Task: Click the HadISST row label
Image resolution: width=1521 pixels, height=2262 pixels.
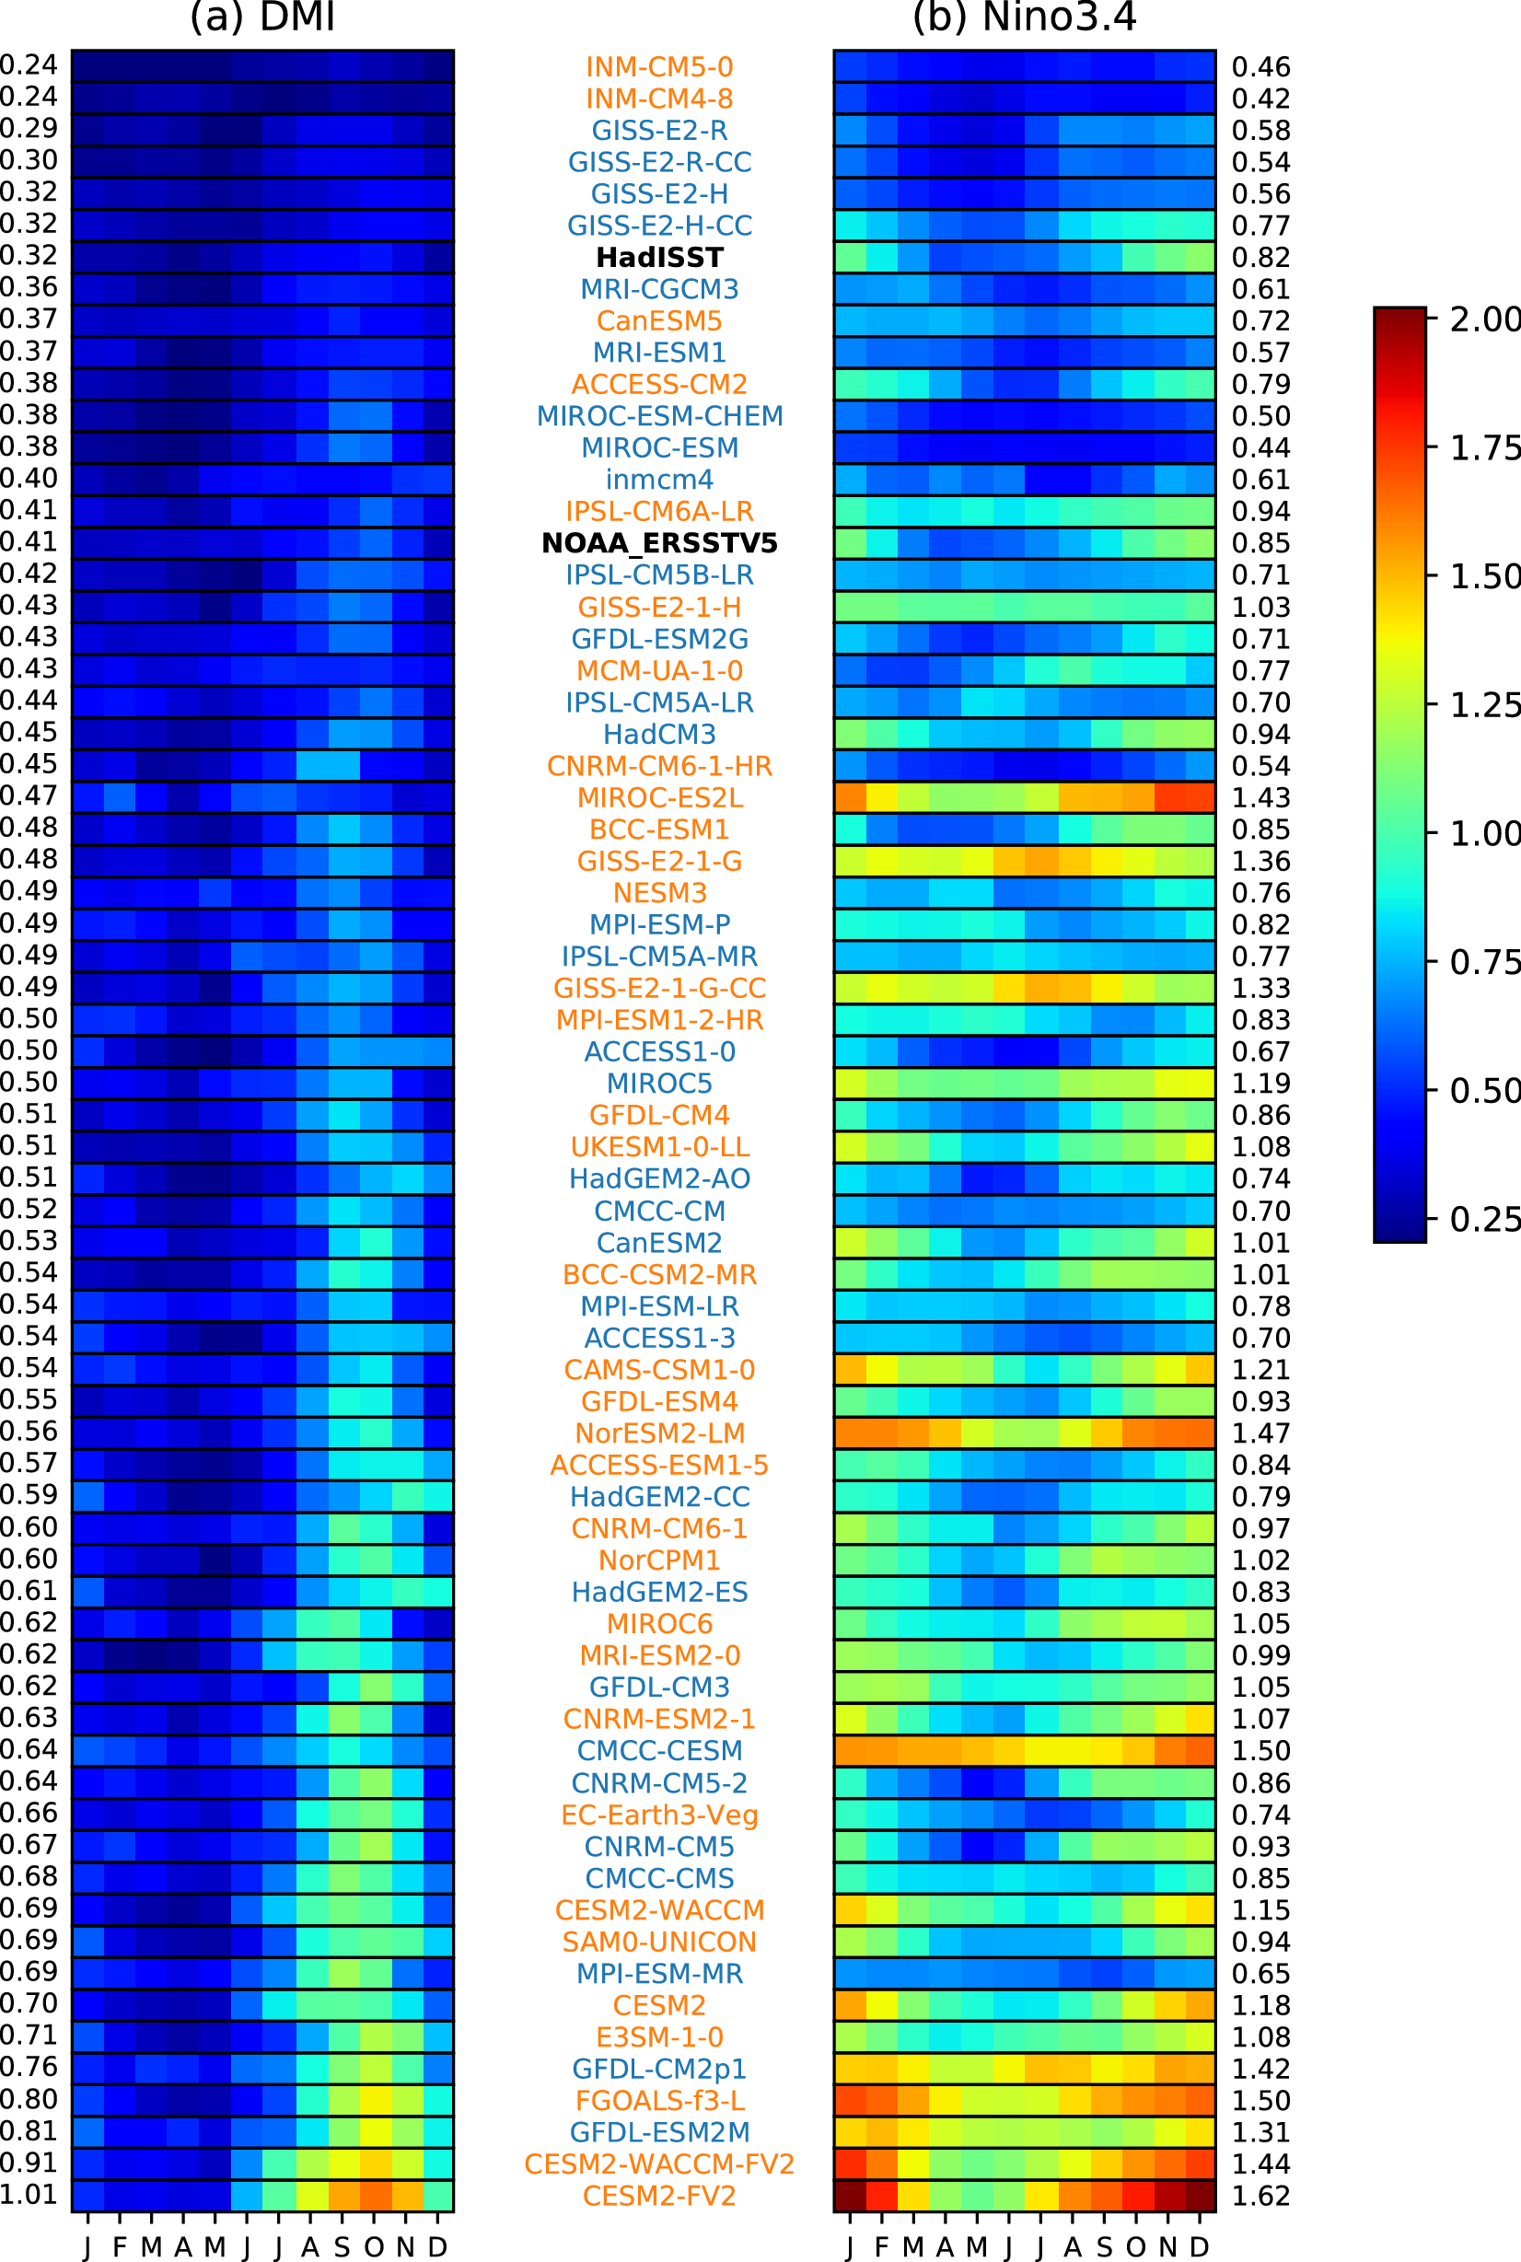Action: coord(659,257)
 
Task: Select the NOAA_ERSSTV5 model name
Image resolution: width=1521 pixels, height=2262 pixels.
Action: coord(659,543)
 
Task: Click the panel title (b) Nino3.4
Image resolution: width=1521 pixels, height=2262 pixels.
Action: coord(1025,17)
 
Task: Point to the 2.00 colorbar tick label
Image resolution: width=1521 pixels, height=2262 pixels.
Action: coord(1484,319)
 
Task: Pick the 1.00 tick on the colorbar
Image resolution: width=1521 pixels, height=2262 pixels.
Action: coord(1484,833)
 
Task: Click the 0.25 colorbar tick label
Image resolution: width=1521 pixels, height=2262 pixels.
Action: coord(1484,1219)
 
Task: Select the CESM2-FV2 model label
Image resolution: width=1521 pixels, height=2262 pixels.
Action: coord(659,2196)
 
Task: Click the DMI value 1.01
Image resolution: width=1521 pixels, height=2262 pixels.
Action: coord(29,2194)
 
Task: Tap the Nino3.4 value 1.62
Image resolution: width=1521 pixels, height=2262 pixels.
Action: coord(1261,2196)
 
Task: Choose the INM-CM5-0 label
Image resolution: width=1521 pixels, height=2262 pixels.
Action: coord(659,67)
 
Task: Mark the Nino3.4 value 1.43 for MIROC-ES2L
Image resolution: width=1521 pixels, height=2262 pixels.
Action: coord(1261,797)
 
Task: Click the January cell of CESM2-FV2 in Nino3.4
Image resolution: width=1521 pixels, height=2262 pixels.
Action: coord(850,2196)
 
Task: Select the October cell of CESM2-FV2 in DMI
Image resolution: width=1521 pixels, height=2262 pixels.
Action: coord(375,2196)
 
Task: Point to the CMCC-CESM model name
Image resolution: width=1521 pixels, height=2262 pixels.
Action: coord(659,1751)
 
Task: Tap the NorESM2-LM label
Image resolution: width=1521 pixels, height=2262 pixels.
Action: coord(659,1433)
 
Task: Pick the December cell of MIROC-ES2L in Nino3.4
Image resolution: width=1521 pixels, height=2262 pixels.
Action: coord(1200,797)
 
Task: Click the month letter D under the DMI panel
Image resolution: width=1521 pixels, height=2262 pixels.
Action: coord(437,2246)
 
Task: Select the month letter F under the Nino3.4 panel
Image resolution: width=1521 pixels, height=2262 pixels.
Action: coord(881,2246)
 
